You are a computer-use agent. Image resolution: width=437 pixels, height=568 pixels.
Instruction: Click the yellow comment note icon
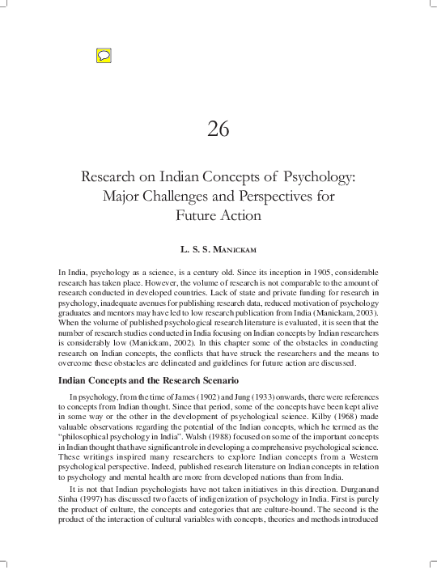(103, 56)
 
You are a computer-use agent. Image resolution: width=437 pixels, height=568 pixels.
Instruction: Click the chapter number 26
(218, 129)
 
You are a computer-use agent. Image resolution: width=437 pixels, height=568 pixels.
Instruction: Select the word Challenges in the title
(188, 197)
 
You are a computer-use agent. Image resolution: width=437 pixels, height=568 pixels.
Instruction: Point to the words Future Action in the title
(218, 216)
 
